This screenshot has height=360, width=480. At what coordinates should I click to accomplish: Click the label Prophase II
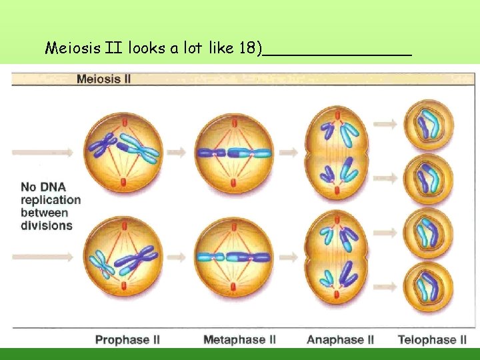click(127, 340)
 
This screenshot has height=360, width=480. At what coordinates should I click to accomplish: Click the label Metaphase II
click(239, 340)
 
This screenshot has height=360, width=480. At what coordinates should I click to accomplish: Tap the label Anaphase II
click(340, 340)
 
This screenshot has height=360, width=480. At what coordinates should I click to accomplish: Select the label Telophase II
click(431, 340)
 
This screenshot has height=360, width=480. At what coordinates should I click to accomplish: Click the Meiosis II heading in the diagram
click(103, 79)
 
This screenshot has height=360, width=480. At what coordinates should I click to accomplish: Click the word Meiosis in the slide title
click(72, 48)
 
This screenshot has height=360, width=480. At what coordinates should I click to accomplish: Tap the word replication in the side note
click(51, 200)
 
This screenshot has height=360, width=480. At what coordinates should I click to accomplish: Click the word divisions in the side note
click(47, 225)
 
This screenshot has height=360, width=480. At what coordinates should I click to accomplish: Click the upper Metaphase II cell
click(233, 152)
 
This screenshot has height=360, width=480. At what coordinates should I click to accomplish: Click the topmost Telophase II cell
click(430, 125)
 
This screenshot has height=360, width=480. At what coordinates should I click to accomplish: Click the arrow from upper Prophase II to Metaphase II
click(176, 153)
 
